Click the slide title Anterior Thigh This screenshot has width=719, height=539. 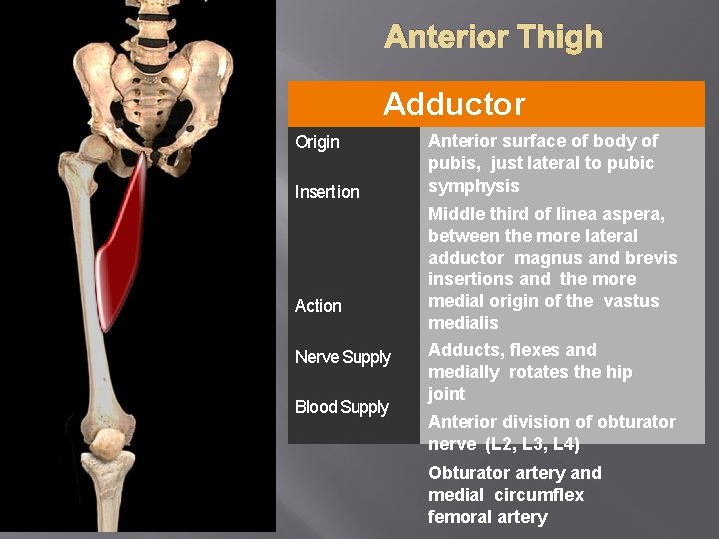(493, 38)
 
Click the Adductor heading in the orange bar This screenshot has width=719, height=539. (454, 104)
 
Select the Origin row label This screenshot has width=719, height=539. (317, 142)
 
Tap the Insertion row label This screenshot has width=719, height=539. (327, 192)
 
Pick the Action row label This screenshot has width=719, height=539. (318, 306)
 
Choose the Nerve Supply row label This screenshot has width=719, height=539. (343, 357)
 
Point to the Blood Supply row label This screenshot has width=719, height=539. (342, 407)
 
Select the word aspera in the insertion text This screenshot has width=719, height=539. (635, 214)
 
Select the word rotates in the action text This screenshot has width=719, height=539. (540, 372)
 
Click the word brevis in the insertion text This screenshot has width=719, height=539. (651, 258)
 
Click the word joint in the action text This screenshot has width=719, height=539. (446, 394)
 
